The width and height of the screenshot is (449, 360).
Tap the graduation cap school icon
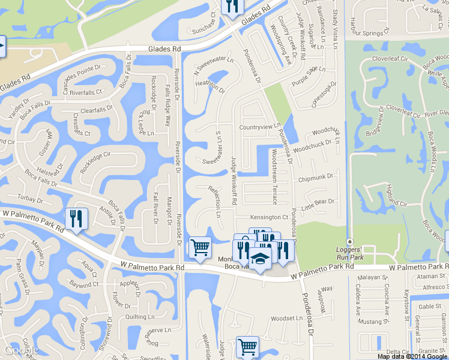259,259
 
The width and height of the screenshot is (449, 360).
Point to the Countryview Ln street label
259,127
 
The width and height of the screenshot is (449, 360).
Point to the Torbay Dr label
30,199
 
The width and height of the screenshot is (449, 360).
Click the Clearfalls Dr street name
97,111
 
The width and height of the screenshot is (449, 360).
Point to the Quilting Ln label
140,317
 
